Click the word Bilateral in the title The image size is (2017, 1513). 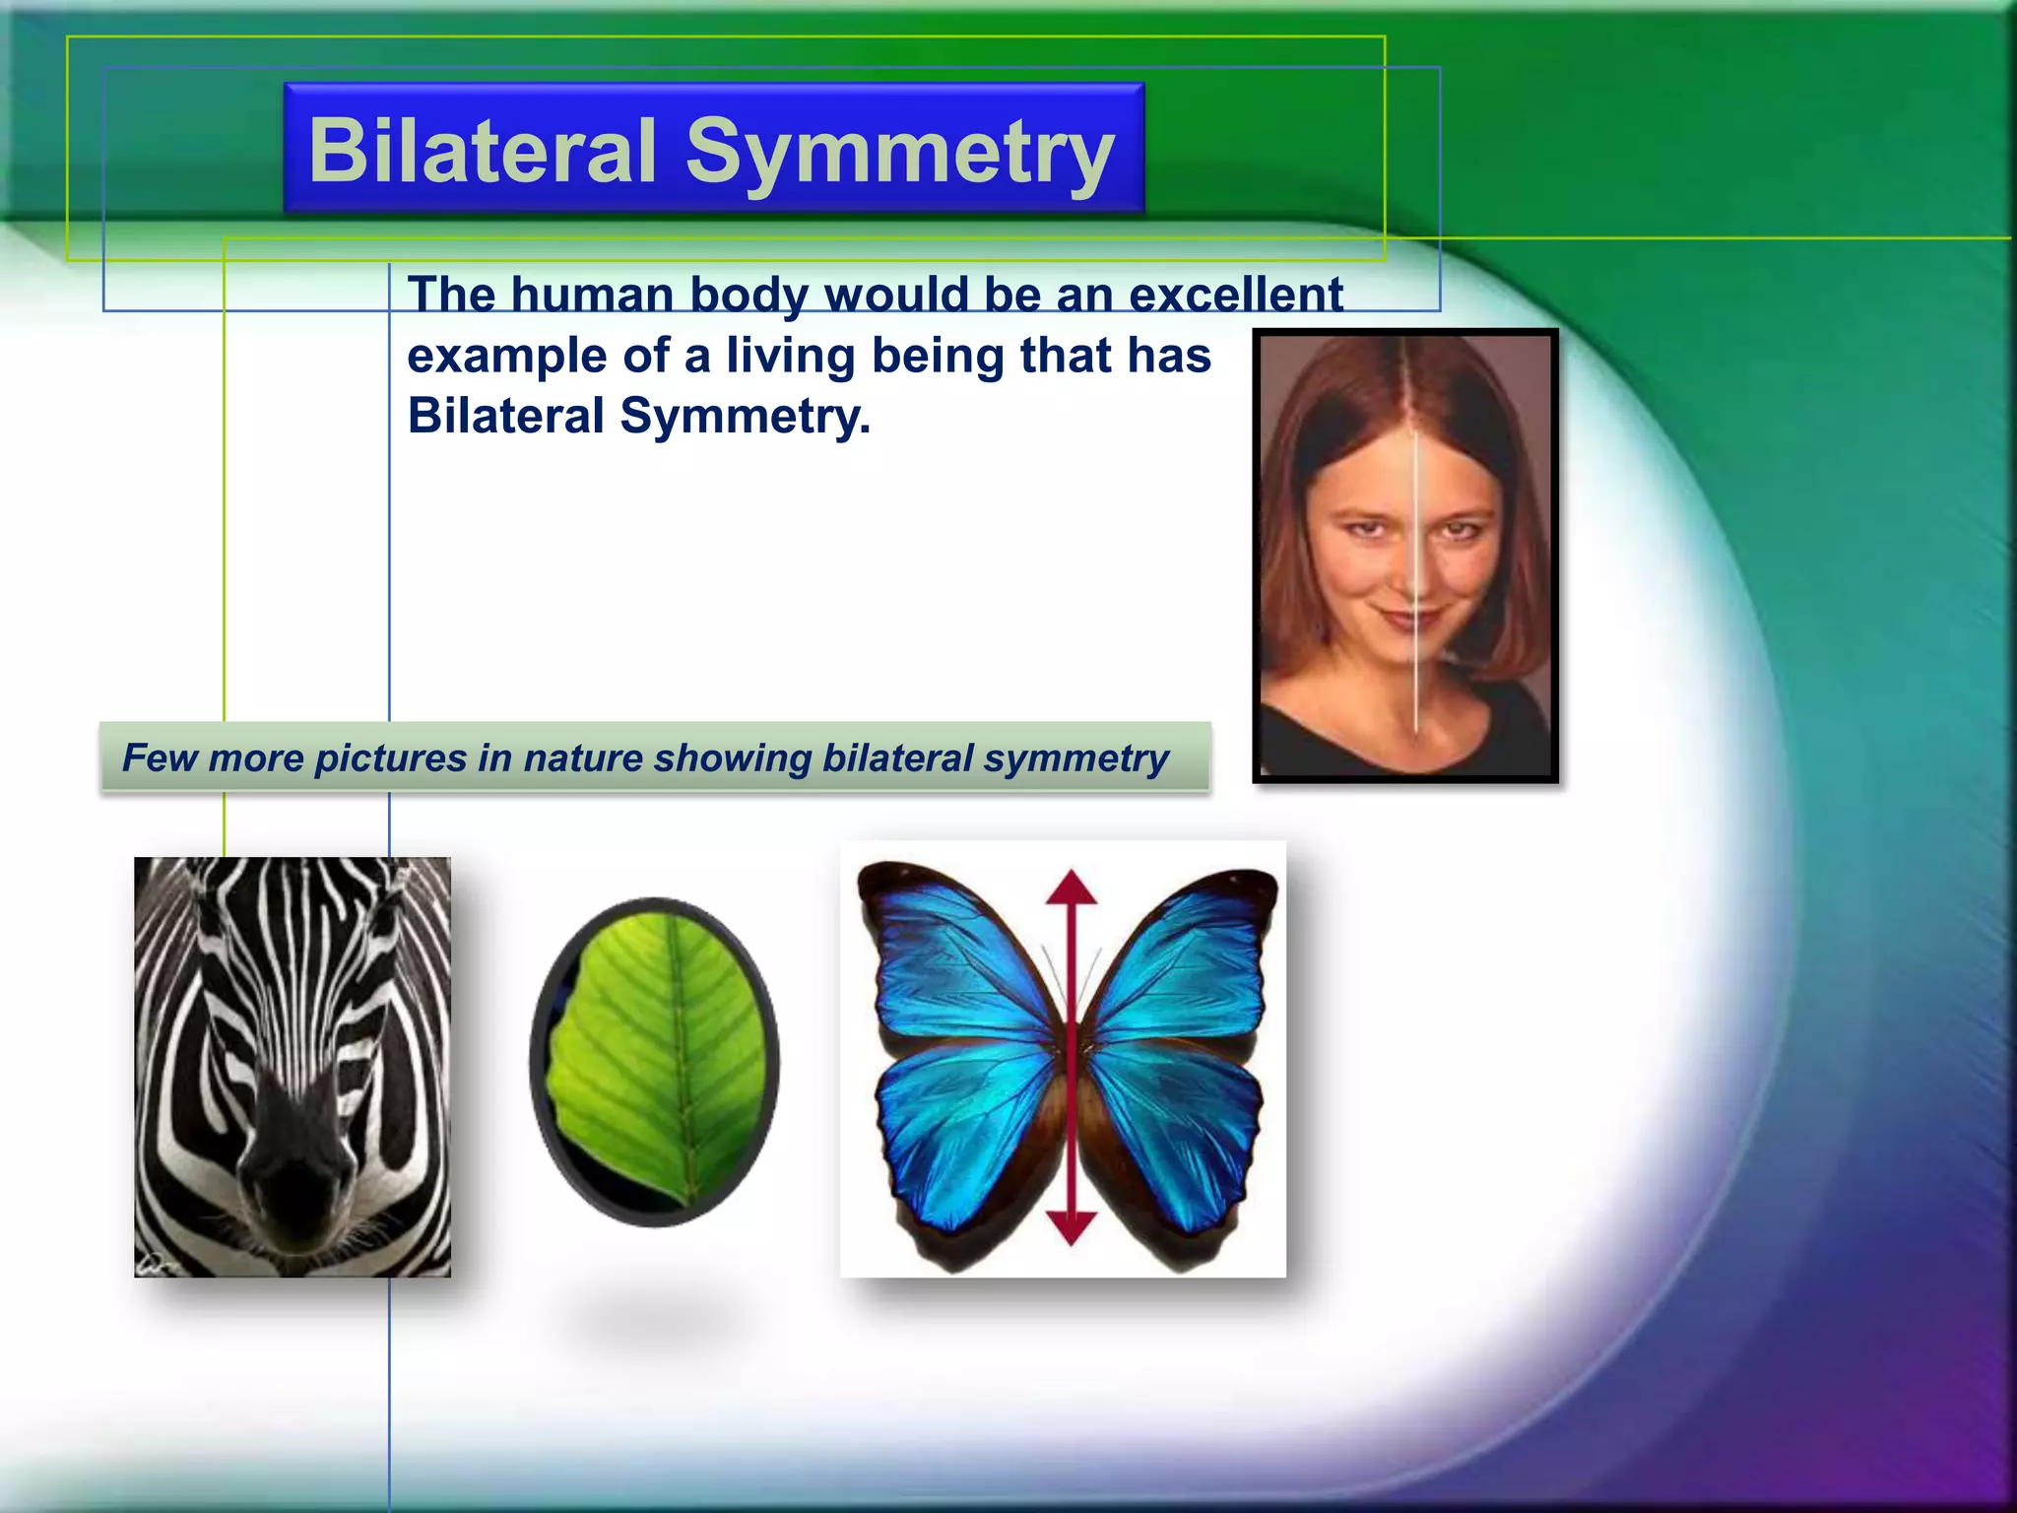tap(482, 151)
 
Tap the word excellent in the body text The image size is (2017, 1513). tap(1235, 295)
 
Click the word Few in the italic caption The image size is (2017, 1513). tap(160, 758)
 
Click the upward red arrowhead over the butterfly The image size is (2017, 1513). tap(1072, 887)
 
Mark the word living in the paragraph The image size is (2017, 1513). tap(791, 356)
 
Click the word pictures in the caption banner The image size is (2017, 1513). tap(391, 758)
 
